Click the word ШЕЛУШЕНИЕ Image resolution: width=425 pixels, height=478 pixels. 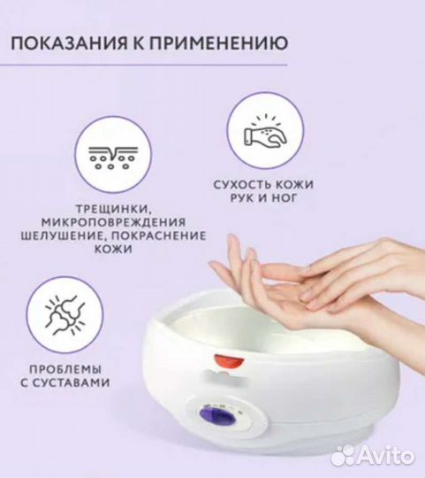(x=60, y=235)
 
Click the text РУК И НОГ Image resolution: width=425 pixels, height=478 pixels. (x=262, y=199)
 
